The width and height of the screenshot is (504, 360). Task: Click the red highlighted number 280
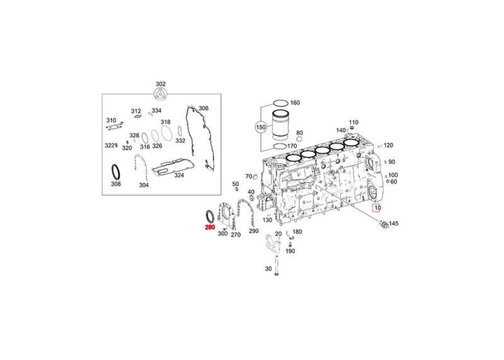point(209,228)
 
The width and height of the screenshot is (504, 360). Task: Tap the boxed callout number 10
point(377,208)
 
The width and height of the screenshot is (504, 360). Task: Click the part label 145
point(393,224)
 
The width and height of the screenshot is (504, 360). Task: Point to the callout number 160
point(295,103)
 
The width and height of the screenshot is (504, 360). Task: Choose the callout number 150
point(260,128)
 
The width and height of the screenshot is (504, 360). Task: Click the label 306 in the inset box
point(203,109)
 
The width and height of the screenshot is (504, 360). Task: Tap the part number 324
point(179,174)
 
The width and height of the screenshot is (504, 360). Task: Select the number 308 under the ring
point(116,184)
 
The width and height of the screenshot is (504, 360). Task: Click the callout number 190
point(290,251)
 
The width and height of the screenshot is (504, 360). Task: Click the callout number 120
point(388,146)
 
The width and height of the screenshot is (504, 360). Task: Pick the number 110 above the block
point(353,122)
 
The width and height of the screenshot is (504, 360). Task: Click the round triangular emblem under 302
point(160,97)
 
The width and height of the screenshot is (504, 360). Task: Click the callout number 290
point(253,230)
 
